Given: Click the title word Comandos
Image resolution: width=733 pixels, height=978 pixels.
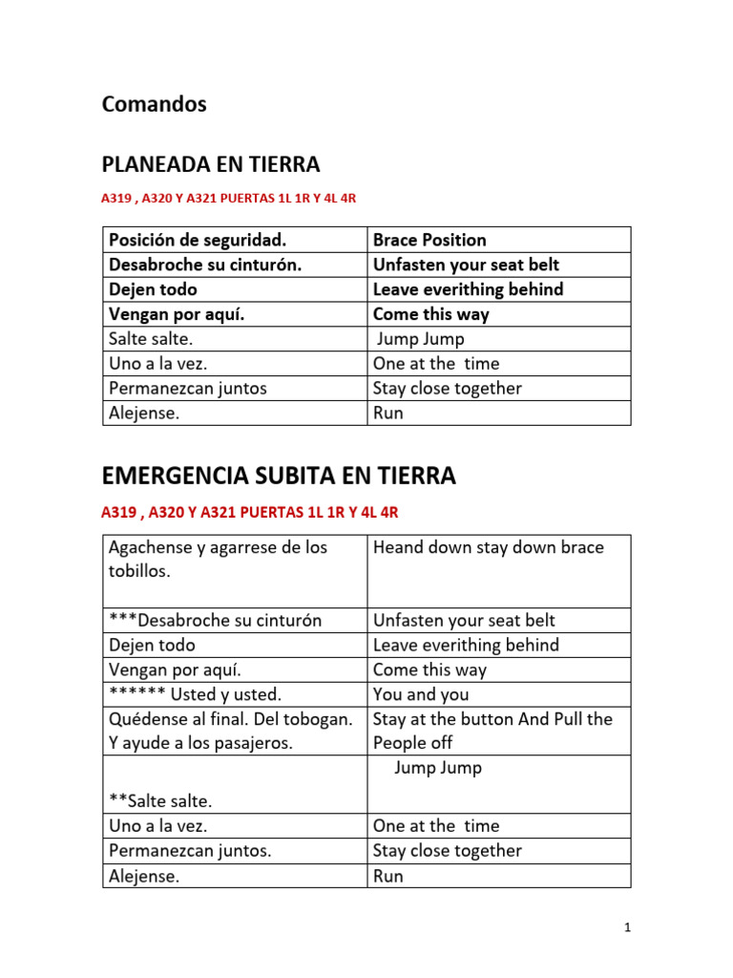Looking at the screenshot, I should click(154, 104).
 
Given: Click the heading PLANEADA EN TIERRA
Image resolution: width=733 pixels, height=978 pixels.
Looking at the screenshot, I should click(211, 164).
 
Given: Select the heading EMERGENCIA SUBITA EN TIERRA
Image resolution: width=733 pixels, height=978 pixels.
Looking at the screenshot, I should click(279, 476).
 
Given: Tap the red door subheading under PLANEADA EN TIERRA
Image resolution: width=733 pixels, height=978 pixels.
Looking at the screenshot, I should click(229, 199).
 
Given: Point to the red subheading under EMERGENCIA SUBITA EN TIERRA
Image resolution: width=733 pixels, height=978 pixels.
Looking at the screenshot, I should click(249, 513).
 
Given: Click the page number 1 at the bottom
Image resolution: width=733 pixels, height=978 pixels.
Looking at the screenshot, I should click(627, 926).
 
